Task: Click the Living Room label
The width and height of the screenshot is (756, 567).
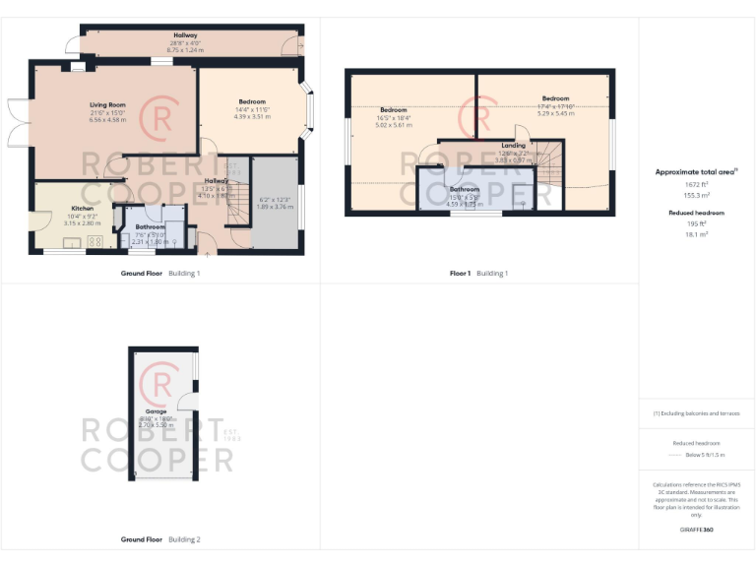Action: click(x=107, y=103)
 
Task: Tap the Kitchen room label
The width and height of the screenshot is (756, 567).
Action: click(x=82, y=208)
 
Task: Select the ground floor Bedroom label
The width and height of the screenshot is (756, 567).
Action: click(x=251, y=101)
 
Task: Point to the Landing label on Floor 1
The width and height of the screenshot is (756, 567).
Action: click(x=513, y=146)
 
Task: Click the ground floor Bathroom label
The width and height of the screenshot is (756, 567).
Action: click(x=151, y=227)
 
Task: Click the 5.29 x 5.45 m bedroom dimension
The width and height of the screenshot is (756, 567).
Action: click(x=555, y=113)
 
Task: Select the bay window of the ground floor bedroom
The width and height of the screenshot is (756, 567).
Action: click(x=310, y=110)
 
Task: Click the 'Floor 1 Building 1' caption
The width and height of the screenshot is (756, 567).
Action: click(x=479, y=273)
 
